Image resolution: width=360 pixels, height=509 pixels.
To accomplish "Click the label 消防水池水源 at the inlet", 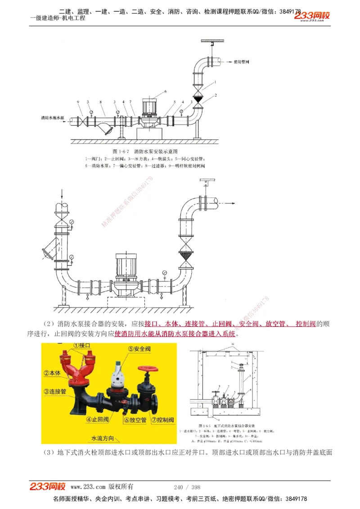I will (53, 118).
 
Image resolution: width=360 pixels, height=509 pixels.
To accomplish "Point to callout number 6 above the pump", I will (165, 91).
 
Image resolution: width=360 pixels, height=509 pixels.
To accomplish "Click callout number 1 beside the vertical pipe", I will (216, 82).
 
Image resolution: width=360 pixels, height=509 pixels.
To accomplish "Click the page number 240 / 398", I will (187, 487).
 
